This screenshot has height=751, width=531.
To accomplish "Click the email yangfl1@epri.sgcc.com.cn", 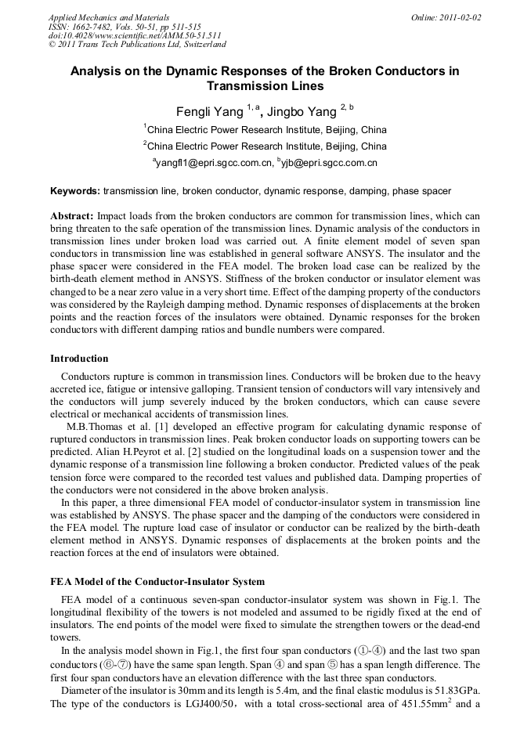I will (213, 164).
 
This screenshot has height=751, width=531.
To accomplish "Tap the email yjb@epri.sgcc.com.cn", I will (331, 164).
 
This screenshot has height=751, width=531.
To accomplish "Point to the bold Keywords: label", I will (75, 190).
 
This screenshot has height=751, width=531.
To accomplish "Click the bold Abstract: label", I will (72, 215).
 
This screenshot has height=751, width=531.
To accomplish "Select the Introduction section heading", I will (79, 359).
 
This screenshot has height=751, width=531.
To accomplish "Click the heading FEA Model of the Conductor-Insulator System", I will (157, 582).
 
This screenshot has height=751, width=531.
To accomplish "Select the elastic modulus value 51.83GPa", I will (453, 690).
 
